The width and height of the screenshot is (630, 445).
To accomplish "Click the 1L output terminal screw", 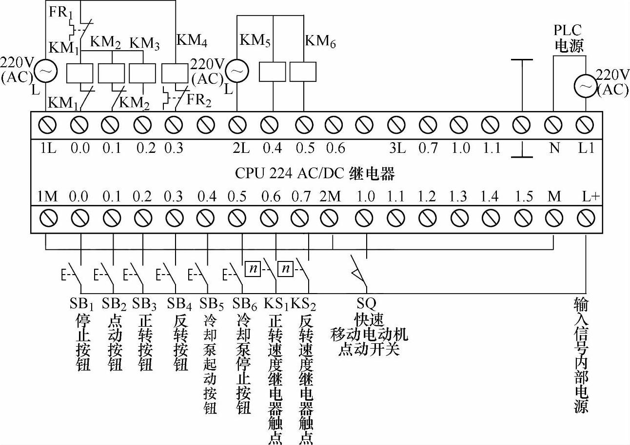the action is coord(50,126).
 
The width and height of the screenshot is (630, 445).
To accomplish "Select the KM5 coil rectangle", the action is coord(272,72).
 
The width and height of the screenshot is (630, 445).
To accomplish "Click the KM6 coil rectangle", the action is coord(303,72).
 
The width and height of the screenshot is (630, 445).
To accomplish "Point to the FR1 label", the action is coord(60,12).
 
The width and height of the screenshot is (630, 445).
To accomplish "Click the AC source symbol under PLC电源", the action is coord(584,87).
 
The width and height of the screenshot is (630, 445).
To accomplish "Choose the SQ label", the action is coord(366,304).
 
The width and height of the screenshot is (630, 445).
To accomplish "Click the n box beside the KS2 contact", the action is coord(286,268).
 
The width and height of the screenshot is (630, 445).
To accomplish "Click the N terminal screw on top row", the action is coord(554,126).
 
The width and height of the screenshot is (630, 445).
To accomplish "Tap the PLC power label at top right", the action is coord(569,38).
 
